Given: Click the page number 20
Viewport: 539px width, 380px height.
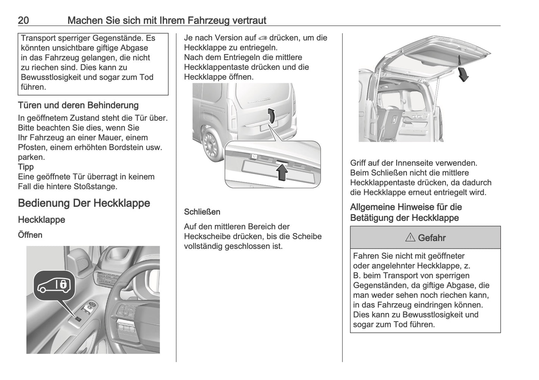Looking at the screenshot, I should point(23,20).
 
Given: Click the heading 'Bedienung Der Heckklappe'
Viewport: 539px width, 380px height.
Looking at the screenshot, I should point(84,203).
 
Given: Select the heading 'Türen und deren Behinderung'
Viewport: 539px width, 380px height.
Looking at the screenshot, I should point(78,106).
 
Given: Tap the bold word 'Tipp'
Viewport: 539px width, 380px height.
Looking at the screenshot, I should point(26,167).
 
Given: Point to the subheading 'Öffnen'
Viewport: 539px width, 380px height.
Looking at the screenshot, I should point(30,235).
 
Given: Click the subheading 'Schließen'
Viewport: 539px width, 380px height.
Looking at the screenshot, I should point(202,212).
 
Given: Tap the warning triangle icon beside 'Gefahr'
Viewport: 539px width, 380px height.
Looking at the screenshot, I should point(410,238).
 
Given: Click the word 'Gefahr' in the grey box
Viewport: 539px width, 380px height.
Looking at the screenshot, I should point(432,238).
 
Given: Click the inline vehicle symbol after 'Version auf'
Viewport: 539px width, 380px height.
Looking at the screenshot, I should point(263,38).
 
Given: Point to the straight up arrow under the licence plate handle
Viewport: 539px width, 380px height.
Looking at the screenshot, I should point(282,172).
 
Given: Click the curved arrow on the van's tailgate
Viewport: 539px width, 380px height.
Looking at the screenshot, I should point(272,116).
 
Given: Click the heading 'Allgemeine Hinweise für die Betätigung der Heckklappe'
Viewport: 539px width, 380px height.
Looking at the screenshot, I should point(406,212).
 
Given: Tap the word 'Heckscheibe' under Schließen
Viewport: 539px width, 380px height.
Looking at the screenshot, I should point(206,236).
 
